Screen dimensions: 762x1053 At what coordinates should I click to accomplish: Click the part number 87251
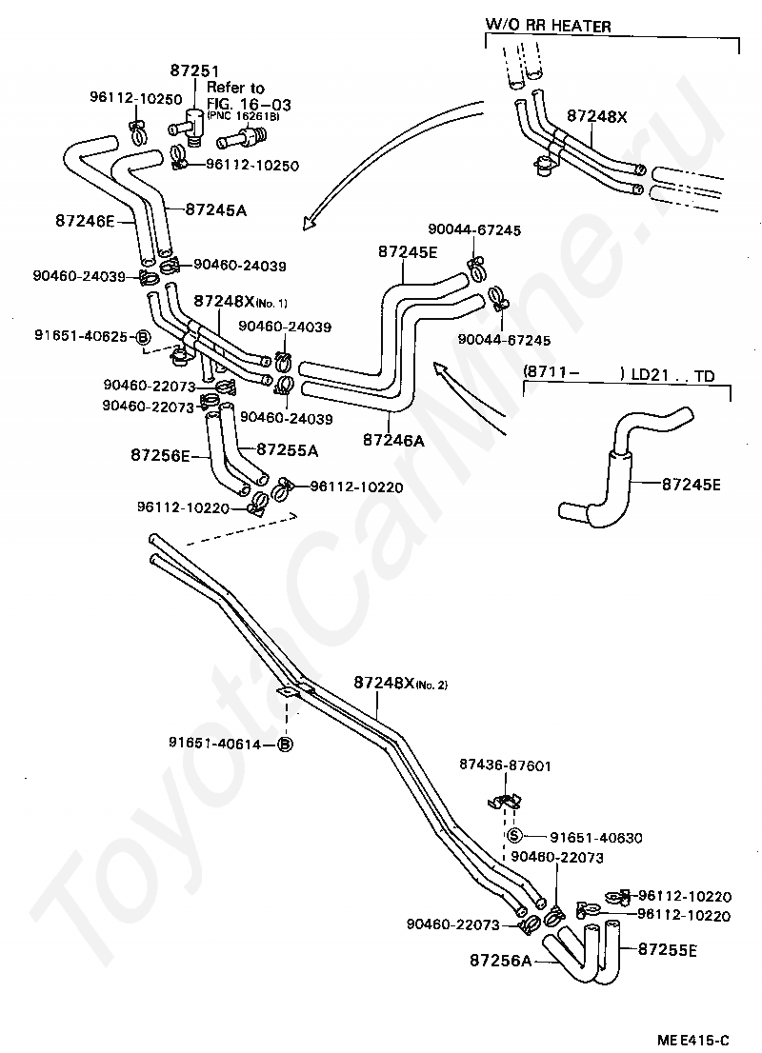click(194, 70)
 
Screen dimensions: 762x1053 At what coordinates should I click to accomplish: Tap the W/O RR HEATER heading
click(549, 27)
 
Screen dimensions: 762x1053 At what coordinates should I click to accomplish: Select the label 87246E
click(86, 220)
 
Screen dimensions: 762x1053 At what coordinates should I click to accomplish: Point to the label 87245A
click(215, 210)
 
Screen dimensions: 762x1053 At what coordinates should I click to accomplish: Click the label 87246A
click(393, 441)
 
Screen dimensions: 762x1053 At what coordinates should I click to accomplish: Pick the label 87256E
click(161, 455)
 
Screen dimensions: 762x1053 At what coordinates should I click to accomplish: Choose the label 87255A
click(288, 450)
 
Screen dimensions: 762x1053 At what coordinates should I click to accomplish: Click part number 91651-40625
click(81, 336)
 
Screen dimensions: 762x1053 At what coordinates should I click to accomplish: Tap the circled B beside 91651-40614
click(286, 745)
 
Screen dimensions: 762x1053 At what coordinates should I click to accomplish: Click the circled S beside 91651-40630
click(514, 836)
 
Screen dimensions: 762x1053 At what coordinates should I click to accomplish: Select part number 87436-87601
click(506, 765)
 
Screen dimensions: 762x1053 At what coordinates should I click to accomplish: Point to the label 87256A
click(501, 961)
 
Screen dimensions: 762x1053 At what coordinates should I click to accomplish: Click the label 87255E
click(668, 949)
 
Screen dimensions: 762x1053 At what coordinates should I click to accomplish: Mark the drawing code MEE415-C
click(692, 1041)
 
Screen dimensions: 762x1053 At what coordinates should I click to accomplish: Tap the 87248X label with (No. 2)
click(400, 683)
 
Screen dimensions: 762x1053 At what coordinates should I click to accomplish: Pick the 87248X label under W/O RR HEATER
click(596, 116)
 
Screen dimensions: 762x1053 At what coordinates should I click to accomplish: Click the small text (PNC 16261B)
click(243, 116)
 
